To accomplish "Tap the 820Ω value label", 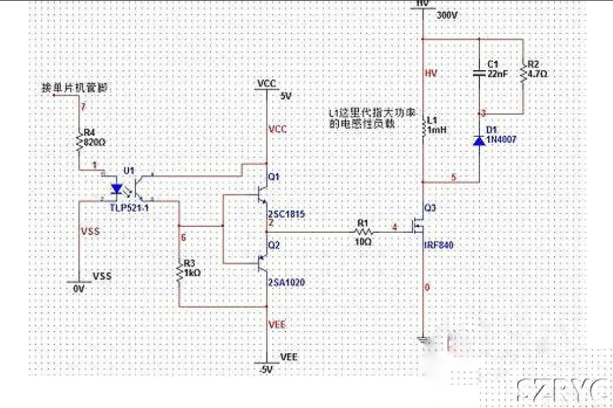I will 95,141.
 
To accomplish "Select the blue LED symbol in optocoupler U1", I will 116,188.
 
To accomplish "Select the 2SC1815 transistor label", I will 286,214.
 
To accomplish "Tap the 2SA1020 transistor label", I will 285,282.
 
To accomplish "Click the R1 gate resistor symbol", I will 363,232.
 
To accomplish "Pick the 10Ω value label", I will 363,241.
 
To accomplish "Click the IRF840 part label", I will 438,245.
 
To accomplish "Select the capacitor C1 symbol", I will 479,73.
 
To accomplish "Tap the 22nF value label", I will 497,74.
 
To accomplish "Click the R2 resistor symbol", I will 522,72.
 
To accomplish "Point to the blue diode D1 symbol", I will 479,140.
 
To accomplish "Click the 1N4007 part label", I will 501,140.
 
